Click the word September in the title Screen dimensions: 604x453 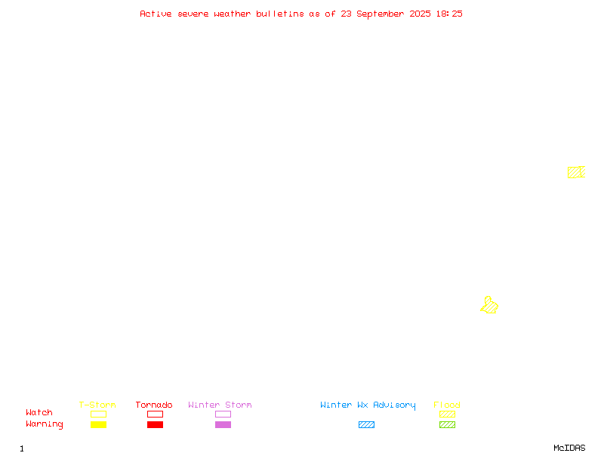[381, 14]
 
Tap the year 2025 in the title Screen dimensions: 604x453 [420, 14]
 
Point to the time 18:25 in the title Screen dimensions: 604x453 [449, 14]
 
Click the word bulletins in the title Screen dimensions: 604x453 [280, 14]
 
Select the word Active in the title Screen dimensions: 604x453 [156, 14]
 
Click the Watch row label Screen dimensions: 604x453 [39, 412]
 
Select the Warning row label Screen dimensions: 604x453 [45, 424]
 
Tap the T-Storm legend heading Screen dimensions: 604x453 [97, 405]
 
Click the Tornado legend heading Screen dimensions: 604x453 [154, 405]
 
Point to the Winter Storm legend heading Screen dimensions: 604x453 [220, 405]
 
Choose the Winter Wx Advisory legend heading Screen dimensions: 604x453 [368, 405]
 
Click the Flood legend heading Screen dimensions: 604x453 [447, 405]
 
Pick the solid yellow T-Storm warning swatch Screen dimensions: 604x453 [99, 424]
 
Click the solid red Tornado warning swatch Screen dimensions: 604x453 [156, 424]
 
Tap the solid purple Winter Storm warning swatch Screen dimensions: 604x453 [223, 424]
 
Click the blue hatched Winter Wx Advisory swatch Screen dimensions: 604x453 [366, 424]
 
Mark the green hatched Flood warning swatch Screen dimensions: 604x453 [447, 424]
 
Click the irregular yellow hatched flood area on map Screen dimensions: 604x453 [489, 306]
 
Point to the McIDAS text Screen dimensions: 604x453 [569, 448]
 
